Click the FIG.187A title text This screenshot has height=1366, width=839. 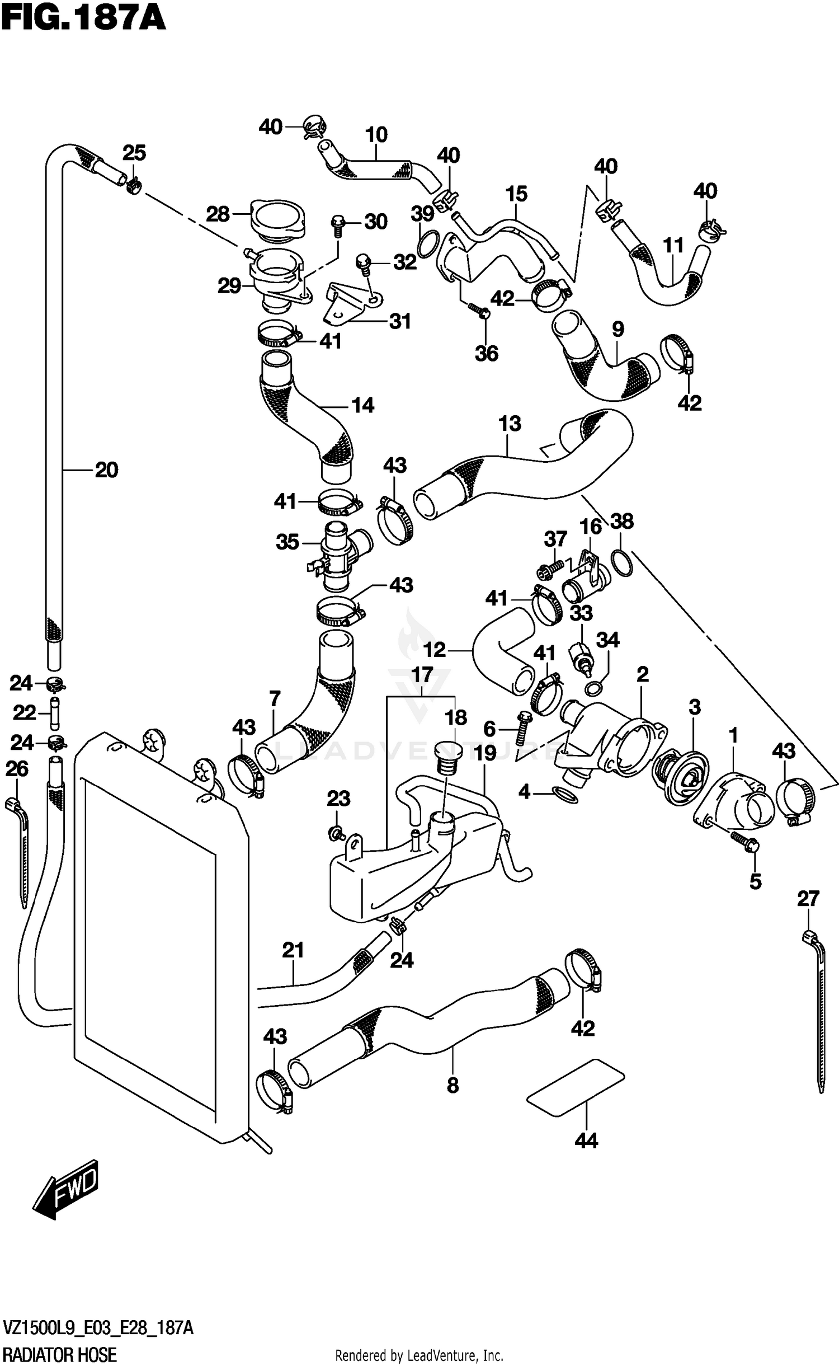pyautogui.click(x=84, y=18)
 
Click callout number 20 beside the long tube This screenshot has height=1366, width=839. pyautogui.click(x=106, y=470)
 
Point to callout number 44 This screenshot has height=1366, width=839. pyautogui.click(x=586, y=1140)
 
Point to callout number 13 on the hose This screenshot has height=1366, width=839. pyautogui.click(x=510, y=424)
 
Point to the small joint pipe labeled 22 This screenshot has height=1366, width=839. pyautogui.click(x=54, y=712)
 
